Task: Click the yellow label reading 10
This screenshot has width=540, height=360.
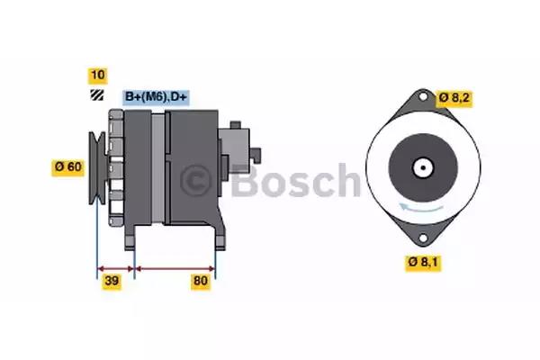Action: (x=98, y=76)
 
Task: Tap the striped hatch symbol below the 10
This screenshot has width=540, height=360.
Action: (x=97, y=95)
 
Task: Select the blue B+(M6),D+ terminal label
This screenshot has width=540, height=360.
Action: (x=156, y=97)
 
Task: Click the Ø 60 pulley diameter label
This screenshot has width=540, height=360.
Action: (x=67, y=167)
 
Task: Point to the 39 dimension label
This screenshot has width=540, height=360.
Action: (x=112, y=281)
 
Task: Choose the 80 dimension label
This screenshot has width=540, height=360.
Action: (x=201, y=281)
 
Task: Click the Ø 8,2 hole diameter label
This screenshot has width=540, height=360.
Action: (x=454, y=98)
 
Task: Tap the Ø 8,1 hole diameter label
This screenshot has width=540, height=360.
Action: (x=423, y=263)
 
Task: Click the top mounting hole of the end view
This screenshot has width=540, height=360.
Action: (x=423, y=96)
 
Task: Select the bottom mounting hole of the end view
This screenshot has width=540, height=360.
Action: (x=423, y=238)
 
